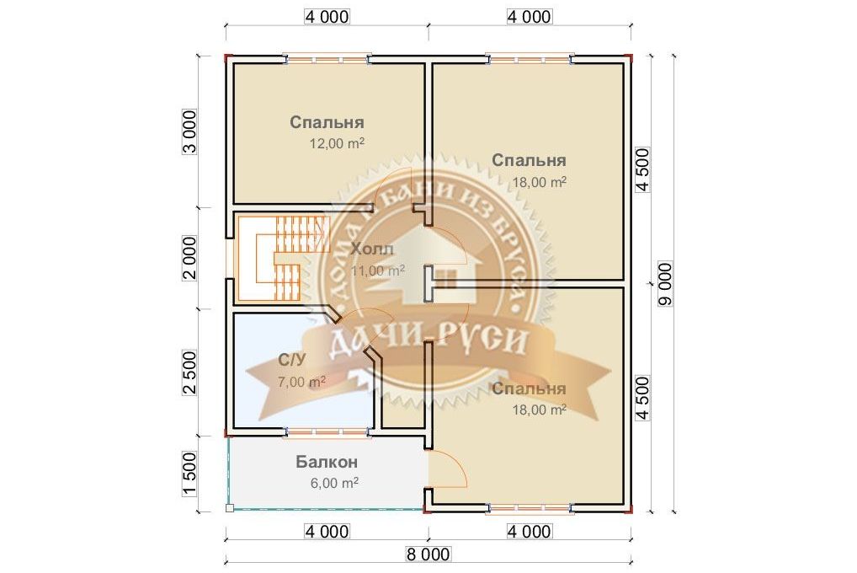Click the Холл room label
click(371, 249)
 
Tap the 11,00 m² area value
click(378, 270)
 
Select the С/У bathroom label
click(292, 360)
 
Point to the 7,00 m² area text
click(301, 381)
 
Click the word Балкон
click(327, 462)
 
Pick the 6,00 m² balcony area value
click(334, 483)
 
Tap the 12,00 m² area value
click(338, 143)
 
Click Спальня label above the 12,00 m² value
click(327, 122)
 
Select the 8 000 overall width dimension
click(428, 554)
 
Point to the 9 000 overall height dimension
click(665, 284)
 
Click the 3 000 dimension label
click(189, 132)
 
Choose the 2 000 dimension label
click(189, 258)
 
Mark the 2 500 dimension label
click(189, 372)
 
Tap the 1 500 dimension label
click(189, 474)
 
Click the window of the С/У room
click(328, 432)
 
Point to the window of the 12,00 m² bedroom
click(327, 59)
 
